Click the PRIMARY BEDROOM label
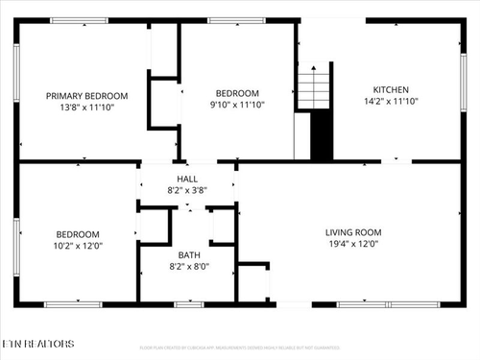click(87, 95)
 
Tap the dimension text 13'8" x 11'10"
click(87, 107)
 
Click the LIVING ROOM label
click(353, 232)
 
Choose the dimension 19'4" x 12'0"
click(353, 244)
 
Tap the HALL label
click(187, 179)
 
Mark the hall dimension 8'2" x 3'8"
click(187, 190)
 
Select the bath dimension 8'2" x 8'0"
click(188, 266)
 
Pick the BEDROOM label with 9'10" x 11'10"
click(237, 93)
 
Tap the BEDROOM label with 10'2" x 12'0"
click(77, 234)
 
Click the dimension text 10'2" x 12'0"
click(77, 246)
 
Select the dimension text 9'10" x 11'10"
click(237, 105)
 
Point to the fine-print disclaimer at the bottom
click(239, 348)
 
